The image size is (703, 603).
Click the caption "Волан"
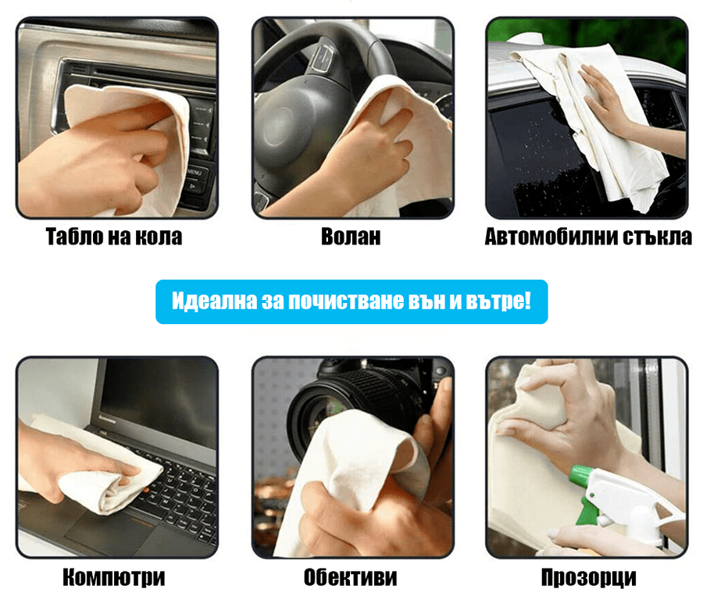tap(351, 236)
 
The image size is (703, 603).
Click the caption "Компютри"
tap(114, 577)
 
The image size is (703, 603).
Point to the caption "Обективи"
tap(351, 577)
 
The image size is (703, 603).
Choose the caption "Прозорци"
tap(589, 577)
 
